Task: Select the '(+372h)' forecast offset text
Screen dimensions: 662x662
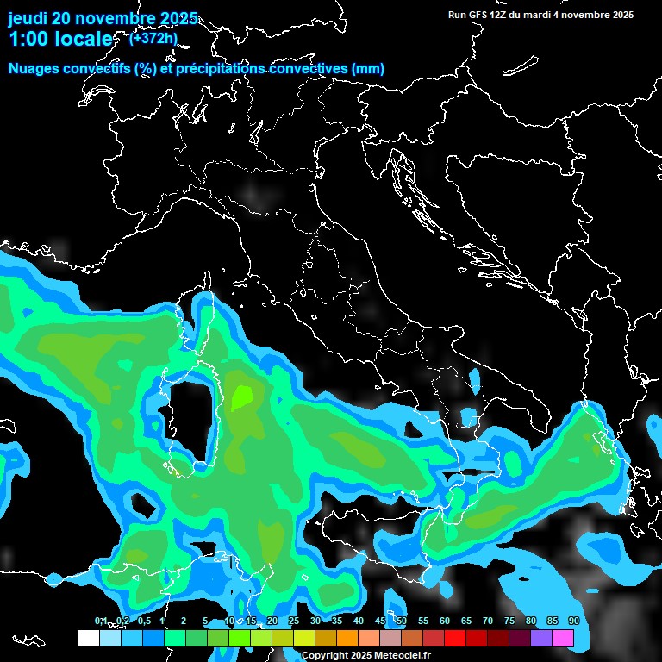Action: pyautogui.click(x=153, y=37)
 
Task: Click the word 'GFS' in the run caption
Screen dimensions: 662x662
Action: pyautogui.click(x=478, y=15)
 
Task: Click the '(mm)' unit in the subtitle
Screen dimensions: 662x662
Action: pyautogui.click(x=368, y=69)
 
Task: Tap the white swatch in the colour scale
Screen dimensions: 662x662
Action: pyautogui.click(x=88, y=639)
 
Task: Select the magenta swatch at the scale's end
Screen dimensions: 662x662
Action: pyautogui.click(x=563, y=639)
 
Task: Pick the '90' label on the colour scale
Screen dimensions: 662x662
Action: pyautogui.click(x=573, y=621)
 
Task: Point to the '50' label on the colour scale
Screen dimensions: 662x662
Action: pyautogui.click(x=401, y=621)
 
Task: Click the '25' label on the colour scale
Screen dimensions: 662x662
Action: pyautogui.click(x=293, y=621)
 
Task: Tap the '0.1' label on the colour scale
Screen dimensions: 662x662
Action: pyautogui.click(x=101, y=621)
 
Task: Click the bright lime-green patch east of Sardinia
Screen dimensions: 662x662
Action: pyautogui.click(x=243, y=397)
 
